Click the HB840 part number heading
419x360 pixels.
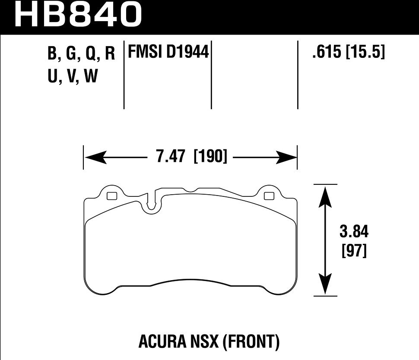[x=78, y=14]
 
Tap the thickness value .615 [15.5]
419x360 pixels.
[x=347, y=53]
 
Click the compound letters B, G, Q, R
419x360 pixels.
[x=81, y=54]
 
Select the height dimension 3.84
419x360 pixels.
[x=354, y=233]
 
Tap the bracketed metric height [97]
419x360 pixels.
[x=354, y=251]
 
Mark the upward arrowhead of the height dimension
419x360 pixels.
[x=325, y=194]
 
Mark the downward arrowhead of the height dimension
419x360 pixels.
[x=325, y=286]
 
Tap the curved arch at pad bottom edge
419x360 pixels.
[x=190, y=281]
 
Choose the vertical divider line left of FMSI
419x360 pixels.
[x=124, y=76]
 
